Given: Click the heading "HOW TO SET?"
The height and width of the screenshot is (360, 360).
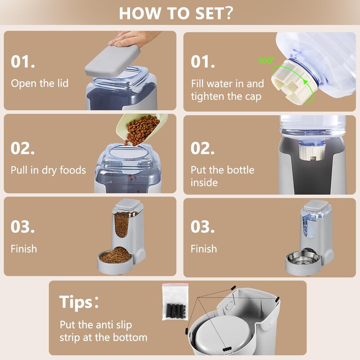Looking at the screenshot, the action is tap(176, 13).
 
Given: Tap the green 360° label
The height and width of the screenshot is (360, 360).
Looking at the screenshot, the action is tap(266, 61).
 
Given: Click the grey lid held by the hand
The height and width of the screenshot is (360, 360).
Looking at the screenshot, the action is tap(112, 61).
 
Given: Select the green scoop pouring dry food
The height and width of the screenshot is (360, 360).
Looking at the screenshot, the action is tap(141, 129).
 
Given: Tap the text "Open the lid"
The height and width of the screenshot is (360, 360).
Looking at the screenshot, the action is tap(40, 83).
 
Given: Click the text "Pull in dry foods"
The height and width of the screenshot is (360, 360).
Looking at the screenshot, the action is tap(48, 170).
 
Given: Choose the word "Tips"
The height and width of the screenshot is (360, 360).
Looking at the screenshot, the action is tap(76, 302).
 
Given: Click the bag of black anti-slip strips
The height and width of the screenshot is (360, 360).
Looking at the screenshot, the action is tap(175, 301).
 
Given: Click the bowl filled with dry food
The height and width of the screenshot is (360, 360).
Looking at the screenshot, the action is tap(115, 260).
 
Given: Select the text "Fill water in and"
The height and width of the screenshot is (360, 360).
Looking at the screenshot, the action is tap(228, 84).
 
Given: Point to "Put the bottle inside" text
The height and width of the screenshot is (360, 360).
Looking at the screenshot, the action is tap(222, 176).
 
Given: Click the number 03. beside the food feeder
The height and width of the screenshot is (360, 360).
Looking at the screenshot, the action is tap(23, 227).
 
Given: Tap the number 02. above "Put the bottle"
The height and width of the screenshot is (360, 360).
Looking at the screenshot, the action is tap(202, 148).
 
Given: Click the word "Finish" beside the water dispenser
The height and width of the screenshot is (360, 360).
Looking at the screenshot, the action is tap(204, 249).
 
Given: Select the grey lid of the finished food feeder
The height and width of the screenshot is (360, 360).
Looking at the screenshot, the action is tap(128, 205).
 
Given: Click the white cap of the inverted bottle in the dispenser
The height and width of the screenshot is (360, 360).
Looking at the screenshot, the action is tap(311, 152).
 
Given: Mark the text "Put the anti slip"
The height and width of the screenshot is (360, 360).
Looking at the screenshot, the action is tap(96, 325).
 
